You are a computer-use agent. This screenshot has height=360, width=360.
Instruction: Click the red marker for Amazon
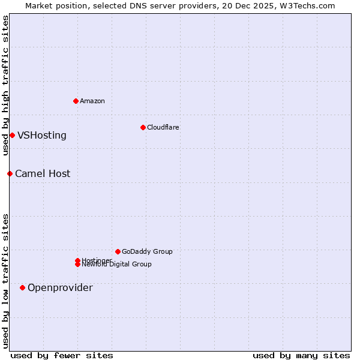76,101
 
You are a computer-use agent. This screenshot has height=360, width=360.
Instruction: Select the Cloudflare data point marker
143,127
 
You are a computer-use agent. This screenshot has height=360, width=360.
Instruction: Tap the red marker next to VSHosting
12,135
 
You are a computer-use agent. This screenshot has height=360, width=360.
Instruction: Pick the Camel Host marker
10,173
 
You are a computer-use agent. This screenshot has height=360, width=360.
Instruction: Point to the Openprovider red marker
22,287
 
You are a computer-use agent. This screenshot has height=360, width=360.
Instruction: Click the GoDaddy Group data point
118,251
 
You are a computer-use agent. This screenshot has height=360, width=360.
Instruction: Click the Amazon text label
92,101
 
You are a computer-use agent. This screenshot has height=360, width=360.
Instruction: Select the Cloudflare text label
163,127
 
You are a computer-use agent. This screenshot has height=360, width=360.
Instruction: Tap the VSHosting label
42,135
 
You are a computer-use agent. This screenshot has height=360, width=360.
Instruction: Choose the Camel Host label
43,173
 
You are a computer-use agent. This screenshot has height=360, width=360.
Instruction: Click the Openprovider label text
60,287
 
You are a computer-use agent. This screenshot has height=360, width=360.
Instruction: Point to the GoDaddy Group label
147,251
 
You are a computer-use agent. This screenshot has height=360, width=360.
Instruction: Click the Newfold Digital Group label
117,265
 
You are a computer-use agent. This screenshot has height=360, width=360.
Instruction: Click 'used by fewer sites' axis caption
62,355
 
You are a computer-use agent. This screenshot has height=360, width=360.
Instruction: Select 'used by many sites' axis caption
301,355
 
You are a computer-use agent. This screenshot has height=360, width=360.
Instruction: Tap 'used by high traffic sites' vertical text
5,85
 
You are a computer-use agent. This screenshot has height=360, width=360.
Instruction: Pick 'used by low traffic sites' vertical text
5,281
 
